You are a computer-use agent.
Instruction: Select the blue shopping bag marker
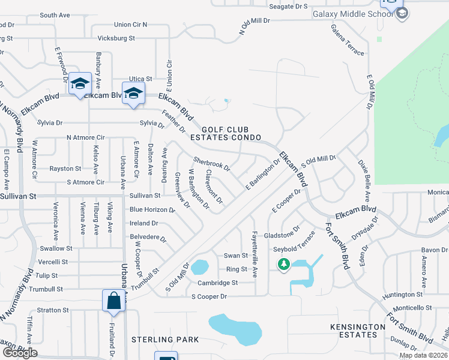point(113,300)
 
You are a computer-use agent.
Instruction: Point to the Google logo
point(19,353)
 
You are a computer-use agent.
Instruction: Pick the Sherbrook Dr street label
point(211,164)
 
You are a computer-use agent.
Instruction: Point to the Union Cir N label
point(130,25)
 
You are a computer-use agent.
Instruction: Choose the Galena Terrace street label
point(347,40)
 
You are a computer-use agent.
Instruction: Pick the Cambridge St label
point(218,283)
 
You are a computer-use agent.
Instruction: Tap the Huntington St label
point(403,295)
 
